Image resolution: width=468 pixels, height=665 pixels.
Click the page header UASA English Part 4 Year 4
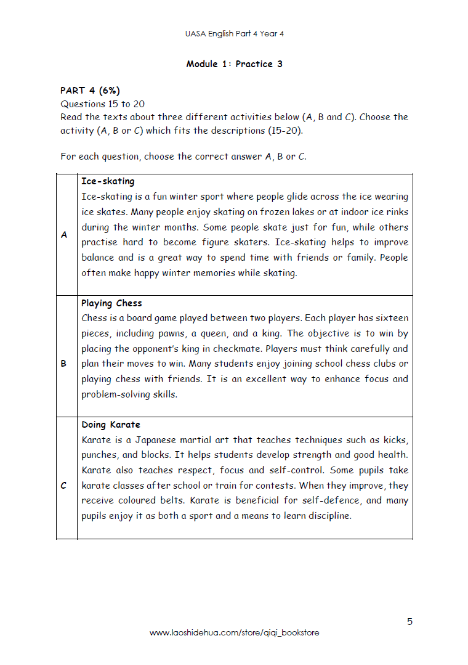[234, 34]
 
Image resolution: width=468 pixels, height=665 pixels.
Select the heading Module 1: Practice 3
[234, 64]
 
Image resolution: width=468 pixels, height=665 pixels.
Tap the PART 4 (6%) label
[90, 91]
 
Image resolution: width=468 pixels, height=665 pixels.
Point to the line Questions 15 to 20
[103, 104]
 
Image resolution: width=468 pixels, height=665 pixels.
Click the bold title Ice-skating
[108, 182]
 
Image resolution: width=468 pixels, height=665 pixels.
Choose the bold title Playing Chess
[111, 303]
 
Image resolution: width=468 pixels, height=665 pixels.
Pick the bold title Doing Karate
[111, 425]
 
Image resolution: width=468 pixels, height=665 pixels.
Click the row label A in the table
[64, 235]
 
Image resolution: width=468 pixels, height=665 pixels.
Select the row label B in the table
[64, 364]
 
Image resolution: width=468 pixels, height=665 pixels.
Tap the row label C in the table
[64, 486]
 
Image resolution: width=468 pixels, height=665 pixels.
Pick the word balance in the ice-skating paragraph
[98, 258]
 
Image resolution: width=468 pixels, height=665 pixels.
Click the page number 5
[409, 621]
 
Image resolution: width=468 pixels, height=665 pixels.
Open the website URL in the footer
[234, 633]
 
